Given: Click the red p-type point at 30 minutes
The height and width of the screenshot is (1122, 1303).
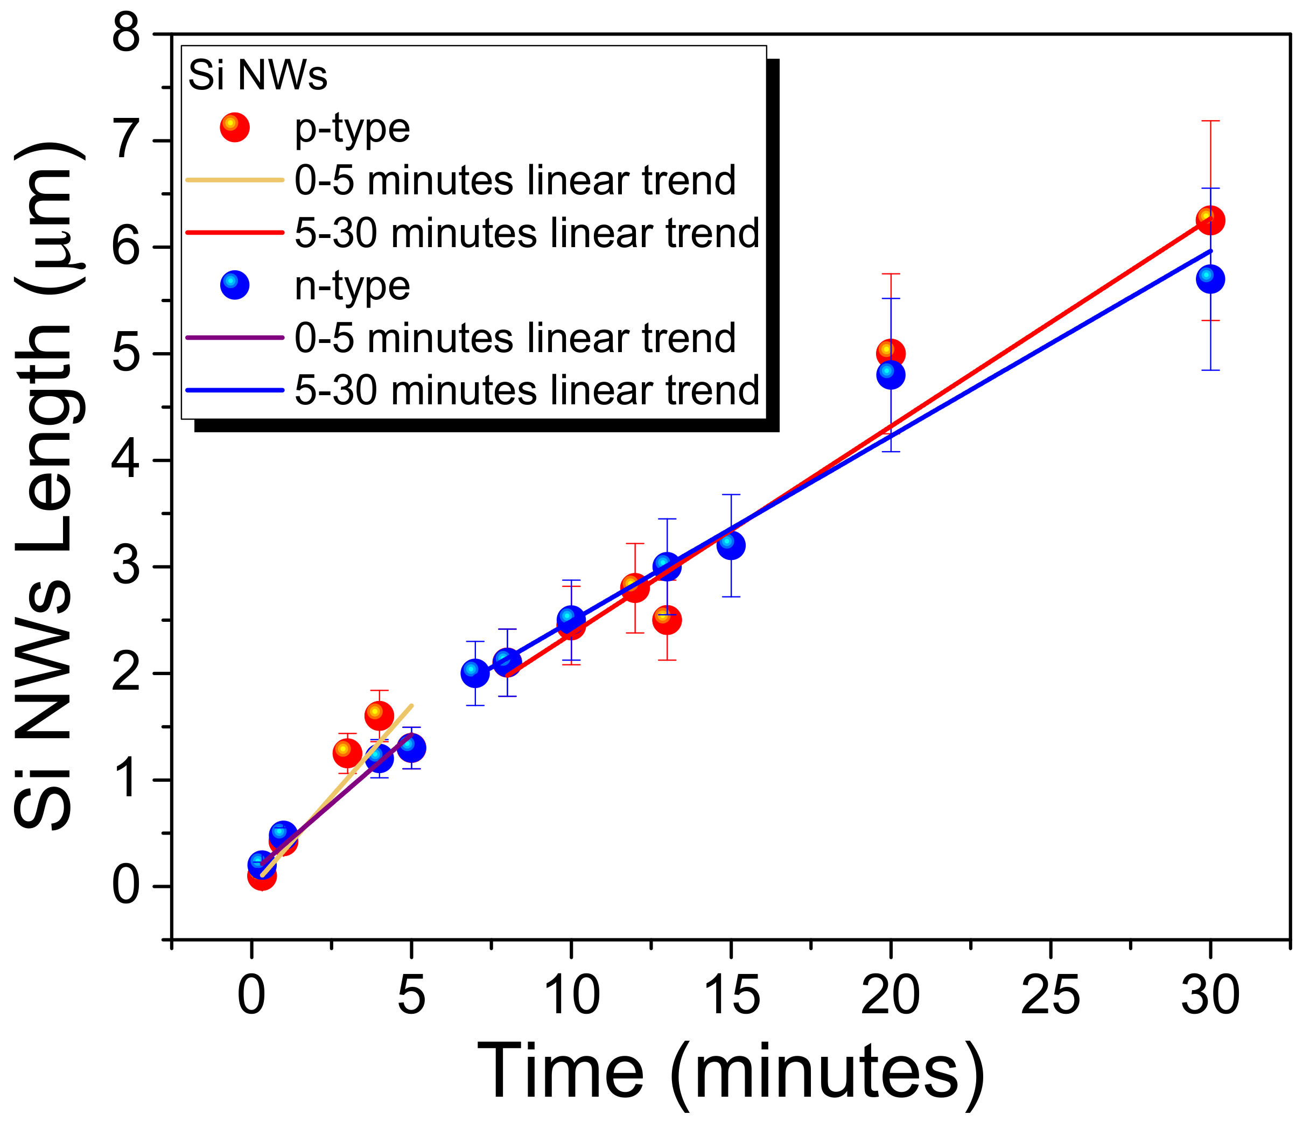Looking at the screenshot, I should pos(1210,220).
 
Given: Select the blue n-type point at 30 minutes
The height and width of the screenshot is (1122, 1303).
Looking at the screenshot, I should pos(1210,278).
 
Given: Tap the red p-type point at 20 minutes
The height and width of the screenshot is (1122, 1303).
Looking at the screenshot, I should pos(891,354).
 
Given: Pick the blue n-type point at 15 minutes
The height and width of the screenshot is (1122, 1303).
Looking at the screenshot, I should pos(731,545).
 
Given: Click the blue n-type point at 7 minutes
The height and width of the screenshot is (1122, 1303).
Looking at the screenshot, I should pos(475,673).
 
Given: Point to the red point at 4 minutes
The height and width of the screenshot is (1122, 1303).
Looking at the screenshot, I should pos(379,716).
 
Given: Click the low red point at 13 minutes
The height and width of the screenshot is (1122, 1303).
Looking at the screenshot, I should pos(667,620).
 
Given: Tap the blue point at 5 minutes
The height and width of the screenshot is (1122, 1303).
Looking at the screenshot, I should pos(411,748).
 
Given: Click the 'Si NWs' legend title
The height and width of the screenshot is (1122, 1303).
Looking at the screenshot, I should pos(258,76).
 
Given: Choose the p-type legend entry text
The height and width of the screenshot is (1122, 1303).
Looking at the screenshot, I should pos(352,128).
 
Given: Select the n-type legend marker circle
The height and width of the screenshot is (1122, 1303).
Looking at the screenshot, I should pos(235,285).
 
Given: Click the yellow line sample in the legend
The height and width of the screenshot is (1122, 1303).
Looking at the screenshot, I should pos(235,180).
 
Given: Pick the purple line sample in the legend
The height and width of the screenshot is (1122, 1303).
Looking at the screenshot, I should pos(235,338).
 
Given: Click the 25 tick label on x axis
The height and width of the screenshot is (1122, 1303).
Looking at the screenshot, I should pos(1050,995).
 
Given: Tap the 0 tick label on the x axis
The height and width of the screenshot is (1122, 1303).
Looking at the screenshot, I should pos(251,995).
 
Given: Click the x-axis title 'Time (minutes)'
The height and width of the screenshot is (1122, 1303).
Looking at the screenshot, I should pos(730,1072).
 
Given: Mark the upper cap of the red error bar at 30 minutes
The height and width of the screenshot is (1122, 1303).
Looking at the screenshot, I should pos(1210,121).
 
